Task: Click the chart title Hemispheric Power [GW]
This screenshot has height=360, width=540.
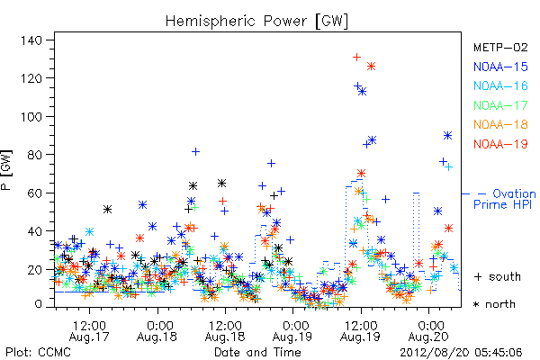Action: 256,22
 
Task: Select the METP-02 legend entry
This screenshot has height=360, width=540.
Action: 500,47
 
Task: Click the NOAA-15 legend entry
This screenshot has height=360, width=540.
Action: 500,67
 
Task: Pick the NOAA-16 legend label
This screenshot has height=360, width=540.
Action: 500,85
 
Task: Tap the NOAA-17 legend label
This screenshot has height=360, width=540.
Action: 500,105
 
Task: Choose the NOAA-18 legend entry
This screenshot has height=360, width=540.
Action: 500,124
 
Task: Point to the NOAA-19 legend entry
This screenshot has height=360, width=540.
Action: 500,144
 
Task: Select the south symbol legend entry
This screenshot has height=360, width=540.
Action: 498,276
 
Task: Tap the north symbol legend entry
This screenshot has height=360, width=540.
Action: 494,304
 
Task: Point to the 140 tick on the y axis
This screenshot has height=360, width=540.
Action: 31,40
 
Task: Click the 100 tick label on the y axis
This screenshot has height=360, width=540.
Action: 31,116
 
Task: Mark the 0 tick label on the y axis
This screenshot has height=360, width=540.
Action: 39,304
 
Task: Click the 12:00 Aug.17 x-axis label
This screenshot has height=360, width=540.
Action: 89,330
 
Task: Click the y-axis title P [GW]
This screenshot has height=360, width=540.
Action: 7,170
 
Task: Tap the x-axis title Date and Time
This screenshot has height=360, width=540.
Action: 257,352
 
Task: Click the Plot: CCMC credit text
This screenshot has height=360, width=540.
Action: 38,352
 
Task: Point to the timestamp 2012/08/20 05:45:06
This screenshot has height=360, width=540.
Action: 461,353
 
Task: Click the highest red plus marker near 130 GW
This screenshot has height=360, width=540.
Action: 356,57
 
